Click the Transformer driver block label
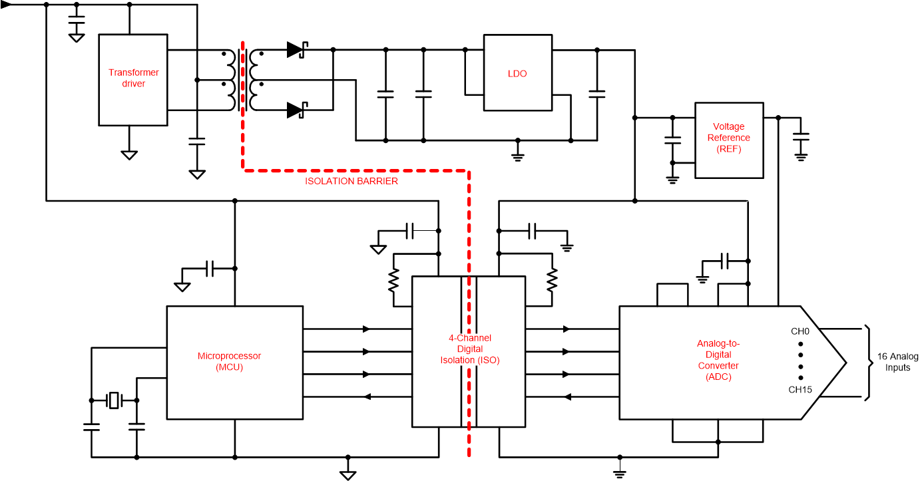(134, 78)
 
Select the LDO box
(517, 73)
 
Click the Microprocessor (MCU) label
(229, 361)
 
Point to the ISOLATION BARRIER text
(351, 181)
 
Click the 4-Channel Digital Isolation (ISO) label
(469, 349)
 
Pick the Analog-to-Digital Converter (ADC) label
(718, 360)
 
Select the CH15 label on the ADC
(801, 390)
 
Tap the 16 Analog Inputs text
(897, 363)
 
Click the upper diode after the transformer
(296, 50)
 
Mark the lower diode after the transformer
(296, 110)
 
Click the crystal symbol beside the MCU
(115, 401)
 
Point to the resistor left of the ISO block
(393, 281)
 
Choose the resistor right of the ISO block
(552, 281)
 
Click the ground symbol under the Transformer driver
(129, 154)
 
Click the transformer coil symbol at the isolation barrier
(242, 80)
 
